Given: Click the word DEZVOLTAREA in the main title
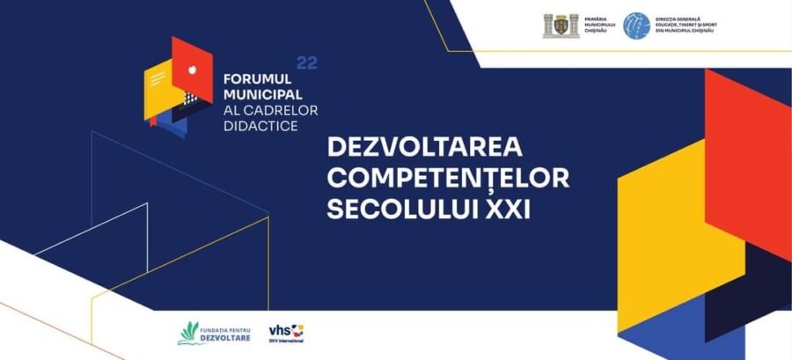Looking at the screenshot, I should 425,147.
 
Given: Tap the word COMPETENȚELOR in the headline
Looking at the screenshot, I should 448,179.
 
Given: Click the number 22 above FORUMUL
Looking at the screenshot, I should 306,62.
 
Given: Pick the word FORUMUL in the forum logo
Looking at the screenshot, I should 257,77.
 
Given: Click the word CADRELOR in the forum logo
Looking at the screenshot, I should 284,110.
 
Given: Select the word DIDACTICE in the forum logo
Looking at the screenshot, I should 260,126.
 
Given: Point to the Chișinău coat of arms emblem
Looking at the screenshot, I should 561,26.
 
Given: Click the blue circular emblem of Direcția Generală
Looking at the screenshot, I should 636,26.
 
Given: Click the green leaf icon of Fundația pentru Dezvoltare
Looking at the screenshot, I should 188,332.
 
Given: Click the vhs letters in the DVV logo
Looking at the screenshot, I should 279,329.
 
